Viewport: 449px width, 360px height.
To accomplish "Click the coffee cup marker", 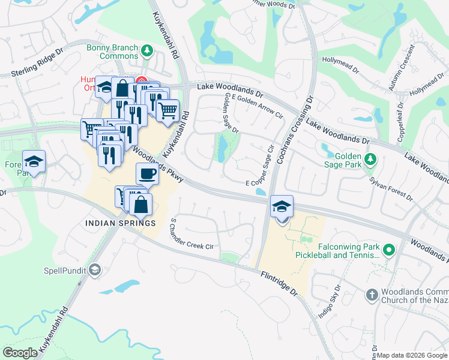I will click(x=147, y=174).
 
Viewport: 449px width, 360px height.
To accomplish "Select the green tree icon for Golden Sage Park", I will click(x=370, y=158).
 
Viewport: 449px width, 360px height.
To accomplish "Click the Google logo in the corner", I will click(x=20, y=352).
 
